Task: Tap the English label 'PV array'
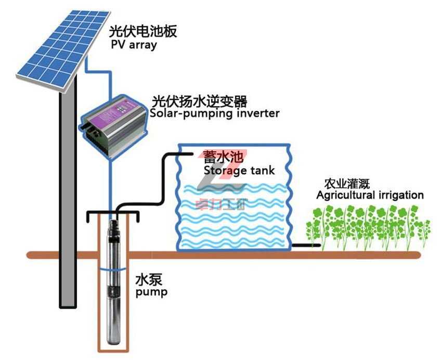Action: click(134, 45)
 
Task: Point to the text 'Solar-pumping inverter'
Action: click(214, 113)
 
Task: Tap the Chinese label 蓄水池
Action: click(218, 158)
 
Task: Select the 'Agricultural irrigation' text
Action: click(370, 196)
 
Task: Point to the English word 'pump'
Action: click(151, 292)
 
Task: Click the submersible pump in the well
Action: click(113, 281)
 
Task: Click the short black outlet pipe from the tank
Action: click(306, 245)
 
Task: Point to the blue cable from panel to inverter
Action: click(110, 78)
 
